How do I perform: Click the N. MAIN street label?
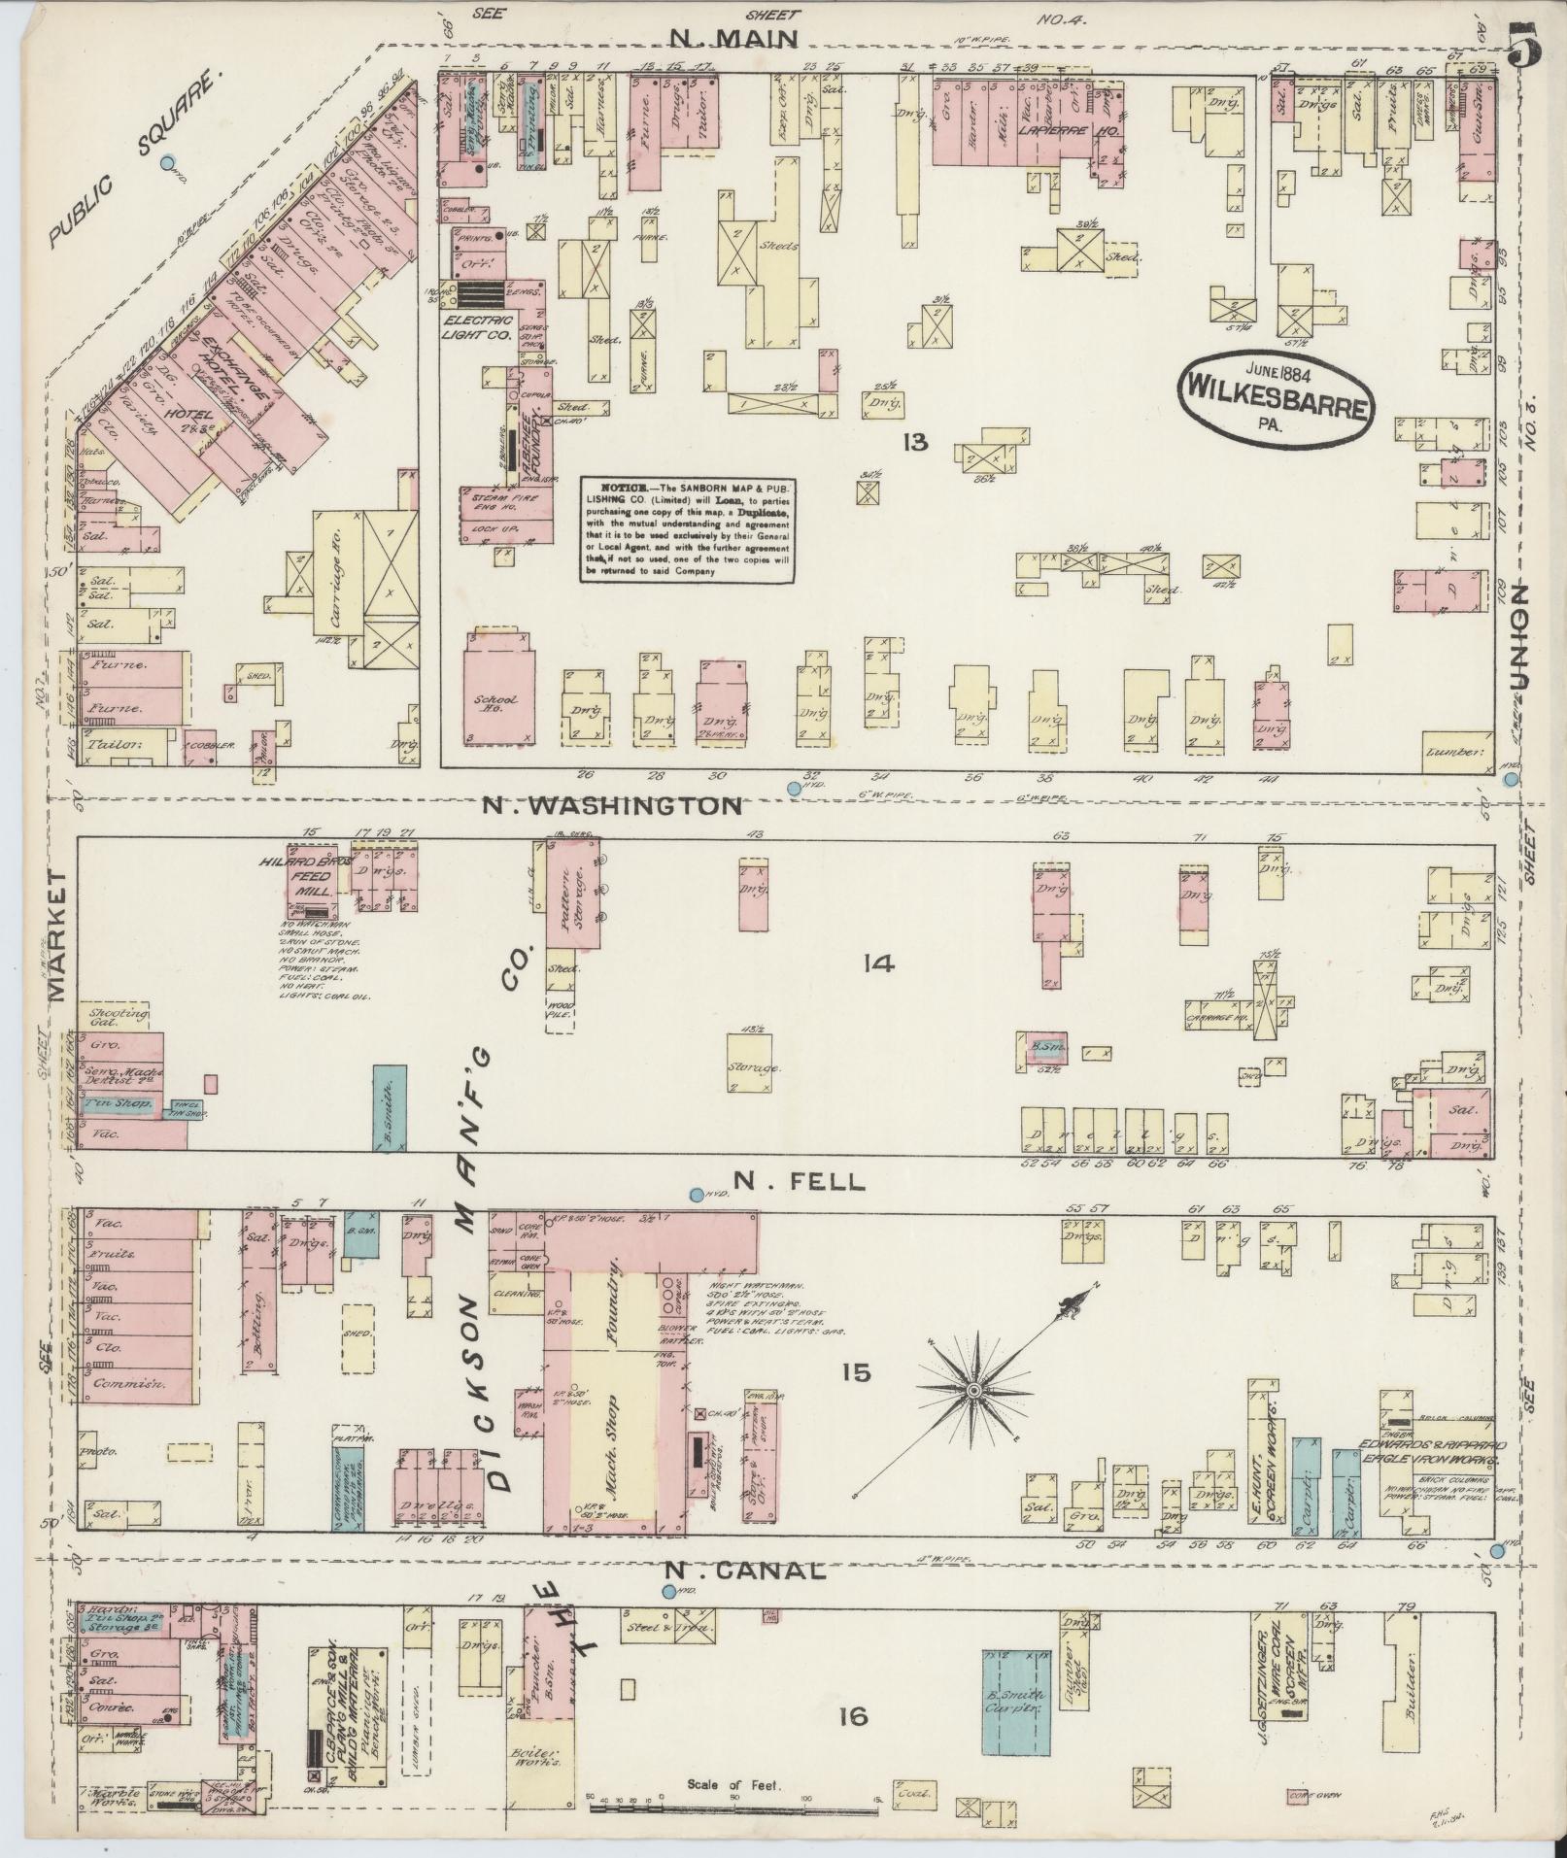(734, 40)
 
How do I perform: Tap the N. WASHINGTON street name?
(609, 805)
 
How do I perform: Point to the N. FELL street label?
(798, 1181)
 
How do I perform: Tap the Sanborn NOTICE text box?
(689, 528)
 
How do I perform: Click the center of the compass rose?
(972, 1393)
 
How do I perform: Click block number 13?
(913, 443)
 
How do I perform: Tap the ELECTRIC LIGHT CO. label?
(477, 326)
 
